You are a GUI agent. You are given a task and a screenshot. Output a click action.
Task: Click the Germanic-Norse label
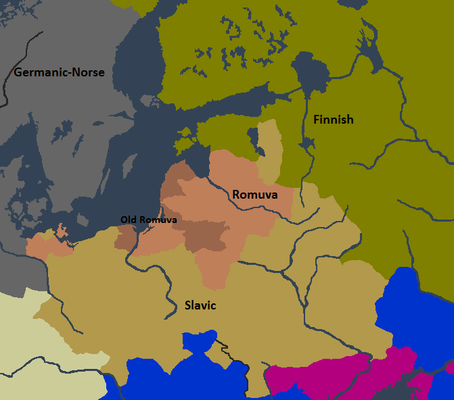coord(60,72)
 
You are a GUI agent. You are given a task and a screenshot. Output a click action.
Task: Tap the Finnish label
coord(333,120)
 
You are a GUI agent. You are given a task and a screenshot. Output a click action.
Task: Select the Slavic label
coord(200,305)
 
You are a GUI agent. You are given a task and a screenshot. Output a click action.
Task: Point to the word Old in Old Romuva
coord(129,220)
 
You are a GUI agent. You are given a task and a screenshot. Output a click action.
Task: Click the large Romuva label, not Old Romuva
coord(255,195)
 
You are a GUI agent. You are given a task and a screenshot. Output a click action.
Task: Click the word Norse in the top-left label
coord(89,72)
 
